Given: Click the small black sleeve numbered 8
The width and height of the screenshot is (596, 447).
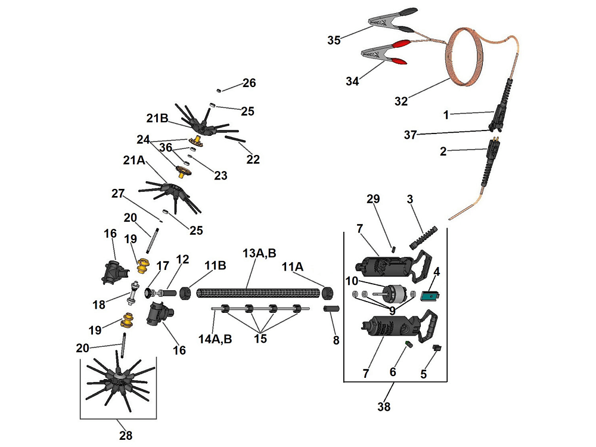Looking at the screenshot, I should tap(331, 309).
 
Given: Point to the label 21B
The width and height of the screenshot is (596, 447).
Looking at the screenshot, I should tap(157, 117).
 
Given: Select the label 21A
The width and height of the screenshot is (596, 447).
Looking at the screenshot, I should tap(134, 160).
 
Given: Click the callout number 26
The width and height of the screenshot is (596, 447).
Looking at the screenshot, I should tap(249, 83).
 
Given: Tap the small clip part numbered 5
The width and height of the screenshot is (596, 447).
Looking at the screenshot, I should tap(436, 347).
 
